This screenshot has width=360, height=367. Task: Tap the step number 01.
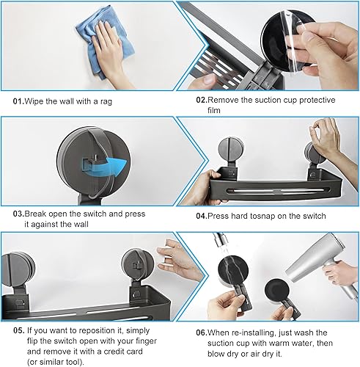coord(18,101)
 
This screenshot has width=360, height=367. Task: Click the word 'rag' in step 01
coord(106,102)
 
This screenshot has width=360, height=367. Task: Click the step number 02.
coord(202,100)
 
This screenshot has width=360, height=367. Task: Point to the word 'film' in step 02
coord(214,110)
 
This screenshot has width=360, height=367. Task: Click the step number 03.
coord(18,214)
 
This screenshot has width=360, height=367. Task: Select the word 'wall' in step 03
coord(81,224)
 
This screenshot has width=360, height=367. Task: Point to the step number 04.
coord(202,216)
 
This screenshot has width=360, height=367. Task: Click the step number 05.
coord(19,330)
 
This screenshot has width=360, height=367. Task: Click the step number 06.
coord(202,333)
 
